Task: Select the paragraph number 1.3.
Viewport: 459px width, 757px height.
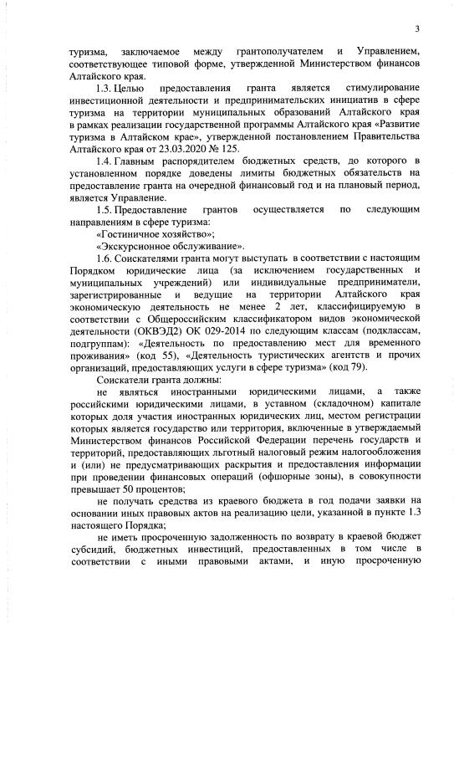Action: pyautogui.click(x=105, y=88)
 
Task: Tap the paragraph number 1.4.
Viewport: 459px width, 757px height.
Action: pyautogui.click(x=105, y=160)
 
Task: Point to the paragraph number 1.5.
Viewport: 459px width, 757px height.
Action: pyautogui.click(x=105, y=209)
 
